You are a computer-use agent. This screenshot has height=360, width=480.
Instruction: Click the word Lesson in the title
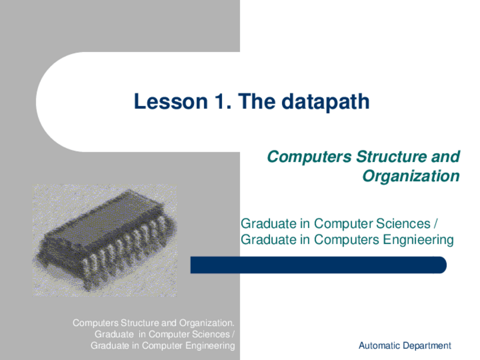click(x=171, y=101)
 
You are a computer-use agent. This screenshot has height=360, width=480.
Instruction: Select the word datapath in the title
click(x=325, y=102)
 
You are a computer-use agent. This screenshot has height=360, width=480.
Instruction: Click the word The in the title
click(x=256, y=101)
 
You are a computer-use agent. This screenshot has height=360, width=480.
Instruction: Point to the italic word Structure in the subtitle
click(x=391, y=156)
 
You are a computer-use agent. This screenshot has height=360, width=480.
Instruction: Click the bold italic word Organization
click(x=411, y=176)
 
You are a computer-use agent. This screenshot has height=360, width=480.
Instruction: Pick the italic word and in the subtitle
click(x=445, y=156)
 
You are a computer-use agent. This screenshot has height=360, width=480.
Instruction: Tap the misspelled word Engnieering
click(x=418, y=239)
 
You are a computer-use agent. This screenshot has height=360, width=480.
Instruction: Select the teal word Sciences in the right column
click(x=403, y=224)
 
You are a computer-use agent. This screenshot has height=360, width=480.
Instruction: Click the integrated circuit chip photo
click(x=105, y=241)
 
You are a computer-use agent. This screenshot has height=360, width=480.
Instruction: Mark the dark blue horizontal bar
click(x=318, y=265)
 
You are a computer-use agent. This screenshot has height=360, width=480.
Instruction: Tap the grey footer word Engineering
click(x=210, y=346)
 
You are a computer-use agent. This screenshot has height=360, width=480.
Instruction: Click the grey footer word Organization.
click(x=207, y=323)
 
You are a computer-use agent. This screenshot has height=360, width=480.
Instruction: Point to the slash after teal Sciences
click(x=435, y=224)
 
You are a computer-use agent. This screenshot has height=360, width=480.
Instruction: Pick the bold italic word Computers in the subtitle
click(x=309, y=157)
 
